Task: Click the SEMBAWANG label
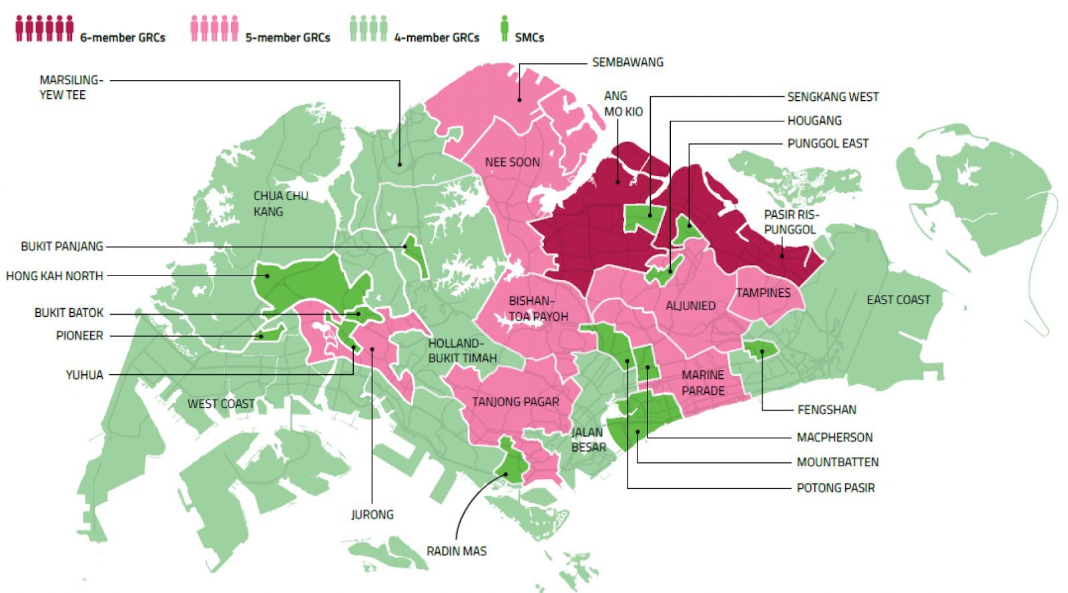click(x=627, y=62)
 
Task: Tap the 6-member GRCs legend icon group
click(x=45, y=29)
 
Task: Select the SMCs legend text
click(x=529, y=37)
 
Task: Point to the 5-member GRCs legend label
click(x=288, y=37)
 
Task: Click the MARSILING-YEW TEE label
click(x=71, y=87)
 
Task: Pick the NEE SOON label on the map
click(x=513, y=162)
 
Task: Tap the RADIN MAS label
click(x=457, y=551)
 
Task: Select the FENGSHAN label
click(x=826, y=410)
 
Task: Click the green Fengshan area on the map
click(x=761, y=349)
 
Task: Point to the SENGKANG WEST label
click(x=832, y=97)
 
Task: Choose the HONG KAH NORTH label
click(x=55, y=275)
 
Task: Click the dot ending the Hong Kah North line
click(x=267, y=275)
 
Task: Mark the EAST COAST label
click(x=898, y=300)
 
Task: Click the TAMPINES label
click(x=763, y=292)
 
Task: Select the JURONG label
click(x=372, y=514)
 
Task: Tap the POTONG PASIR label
click(x=835, y=488)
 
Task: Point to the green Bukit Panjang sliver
click(x=415, y=254)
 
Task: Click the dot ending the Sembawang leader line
click(x=519, y=99)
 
